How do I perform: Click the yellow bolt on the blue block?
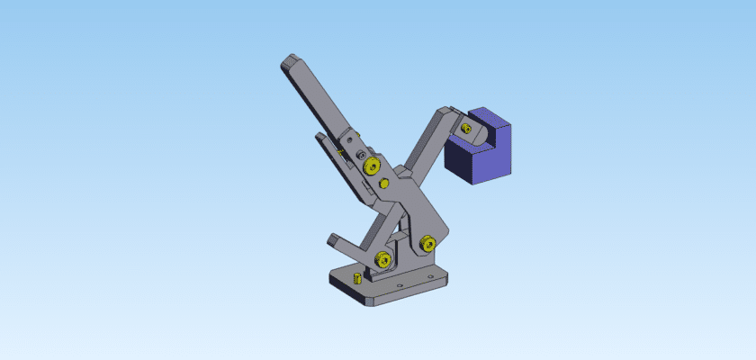point(465,128)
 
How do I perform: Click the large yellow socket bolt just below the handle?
point(369,166)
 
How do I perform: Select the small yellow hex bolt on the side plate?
point(384,184)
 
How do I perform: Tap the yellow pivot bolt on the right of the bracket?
point(427,242)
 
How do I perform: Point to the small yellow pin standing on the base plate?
point(356,277)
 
